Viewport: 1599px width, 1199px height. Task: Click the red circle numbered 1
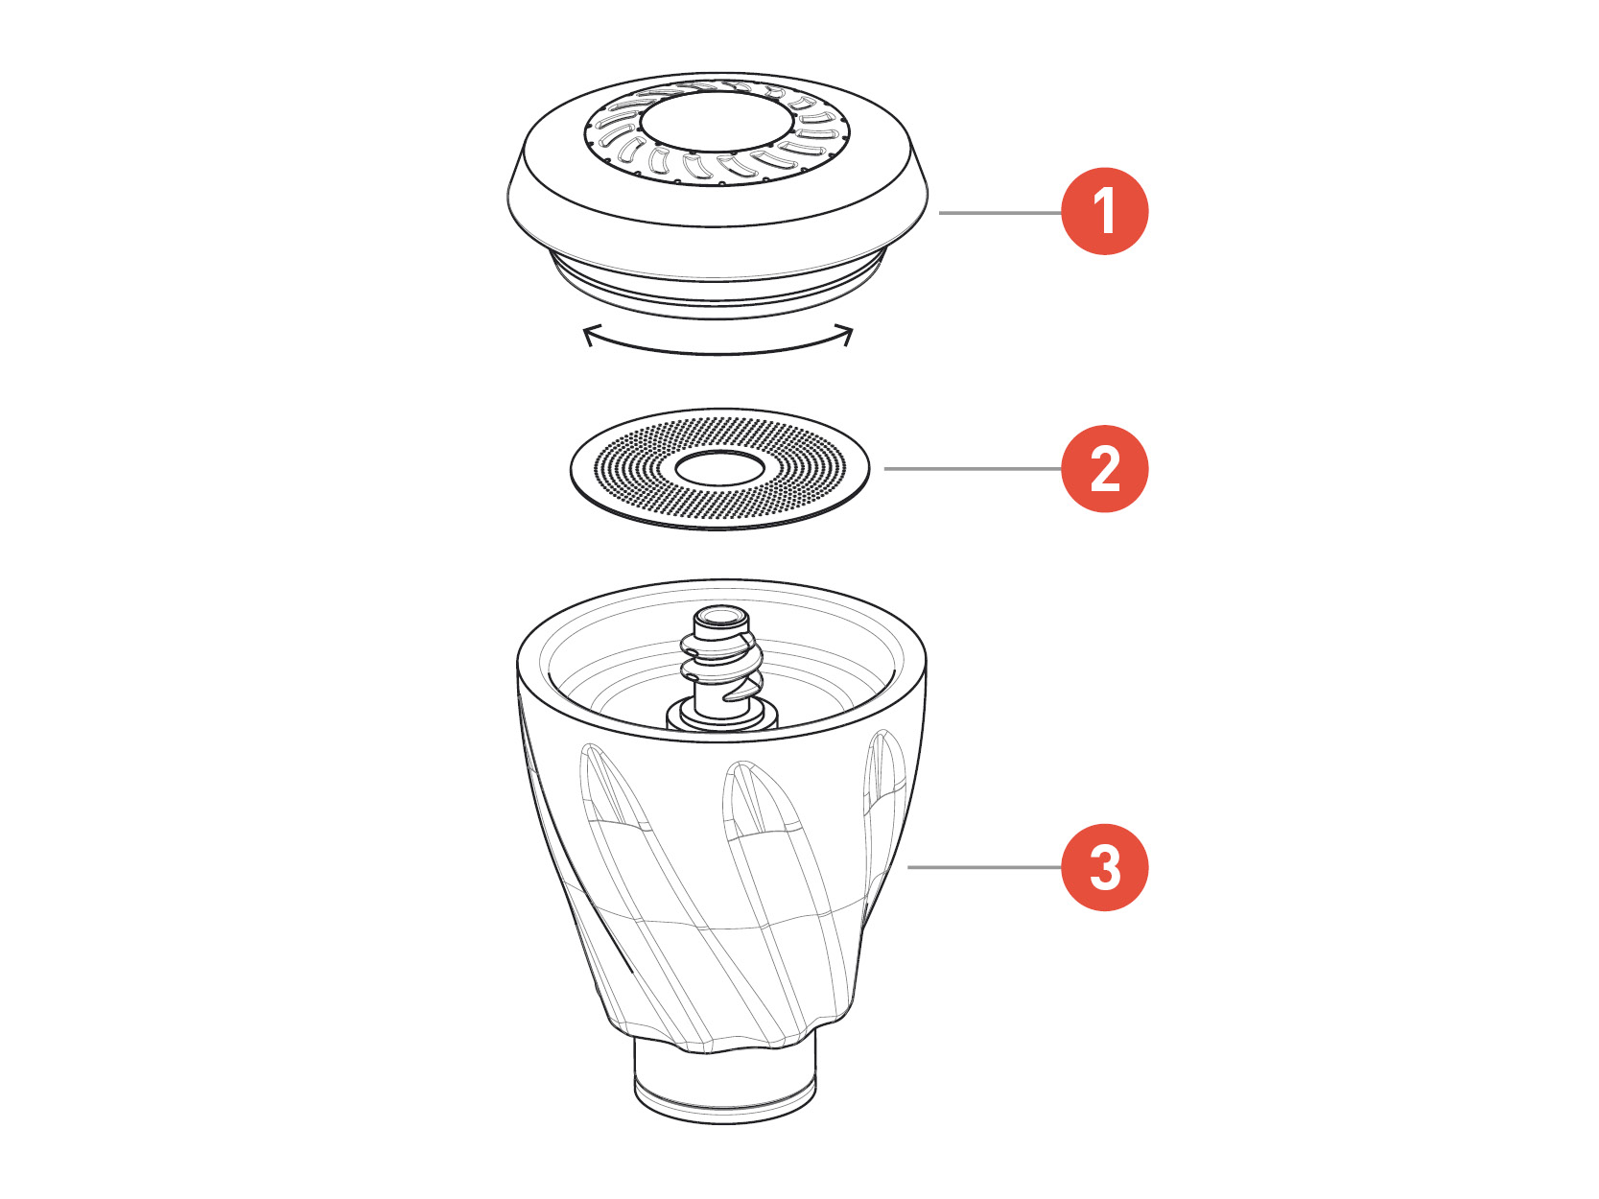[x=1104, y=211]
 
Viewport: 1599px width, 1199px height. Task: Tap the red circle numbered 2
[x=1104, y=468]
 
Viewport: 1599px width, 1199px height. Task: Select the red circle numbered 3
[x=1104, y=867]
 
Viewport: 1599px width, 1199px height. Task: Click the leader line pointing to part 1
[x=1000, y=213]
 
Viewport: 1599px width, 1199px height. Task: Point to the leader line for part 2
[x=973, y=469]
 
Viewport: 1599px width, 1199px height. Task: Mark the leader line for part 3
[x=984, y=867]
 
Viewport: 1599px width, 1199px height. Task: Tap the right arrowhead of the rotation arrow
[x=845, y=334]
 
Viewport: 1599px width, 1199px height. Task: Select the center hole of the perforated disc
[x=719, y=468]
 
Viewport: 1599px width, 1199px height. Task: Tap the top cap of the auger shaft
[x=721, y=618]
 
